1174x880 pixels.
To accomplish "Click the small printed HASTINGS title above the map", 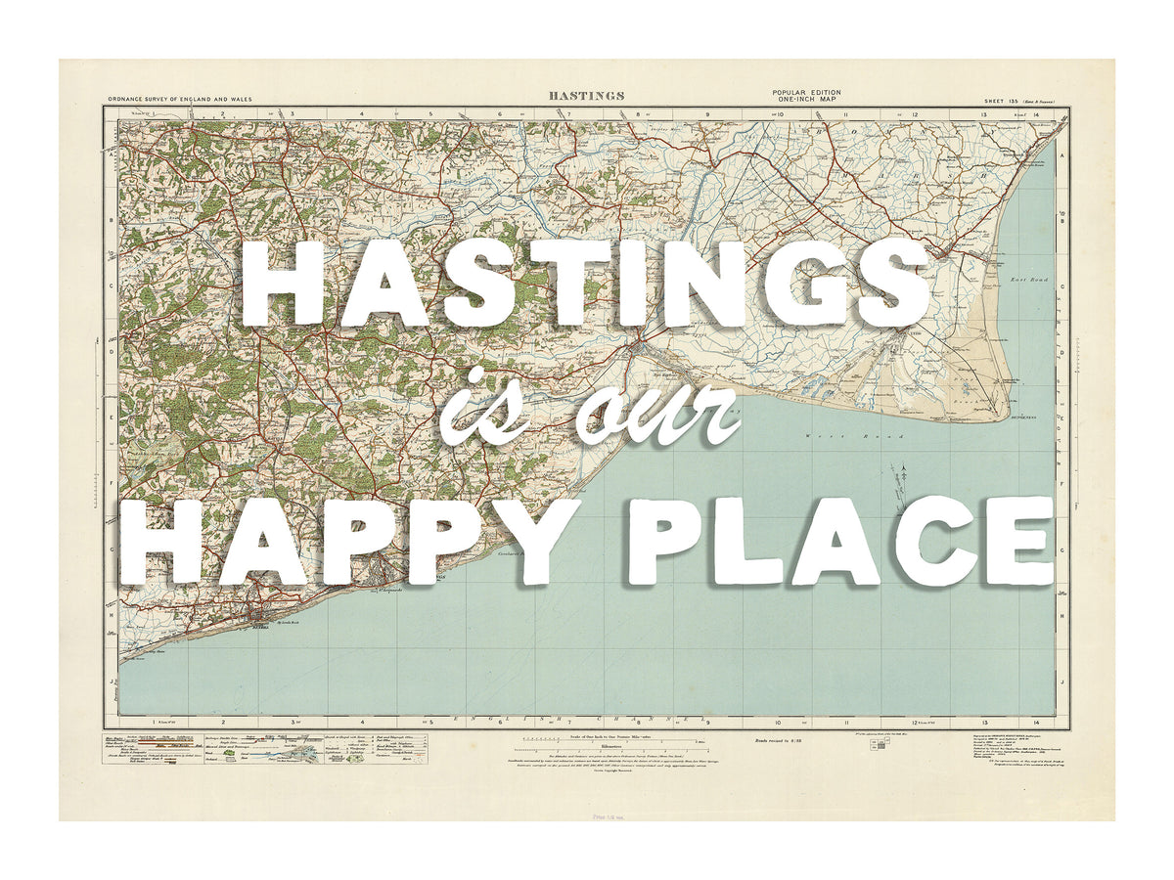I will point(587,96).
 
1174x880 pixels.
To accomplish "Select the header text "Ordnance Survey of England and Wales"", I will point(180,99).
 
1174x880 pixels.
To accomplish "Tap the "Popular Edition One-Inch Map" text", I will point(806,96).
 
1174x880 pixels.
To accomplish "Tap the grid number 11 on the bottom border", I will point(844,724).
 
